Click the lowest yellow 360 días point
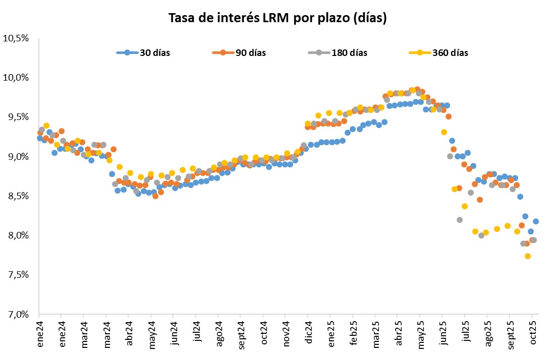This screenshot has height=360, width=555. point(528,256)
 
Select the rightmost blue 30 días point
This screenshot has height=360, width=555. point(536,221)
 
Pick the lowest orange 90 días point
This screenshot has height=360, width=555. point(527,244)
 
